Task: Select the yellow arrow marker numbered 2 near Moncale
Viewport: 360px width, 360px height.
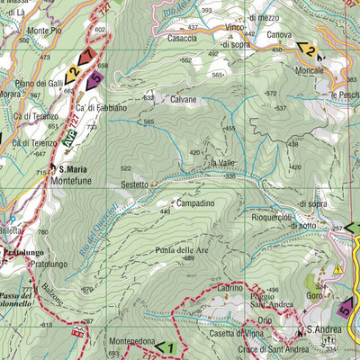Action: click(x=309, y=50)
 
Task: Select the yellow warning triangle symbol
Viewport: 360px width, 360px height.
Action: click(x=337, y=268)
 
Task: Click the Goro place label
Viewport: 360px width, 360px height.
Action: click(x=314, y=294)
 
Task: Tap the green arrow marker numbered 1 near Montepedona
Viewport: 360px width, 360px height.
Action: click(x=164, y=346)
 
